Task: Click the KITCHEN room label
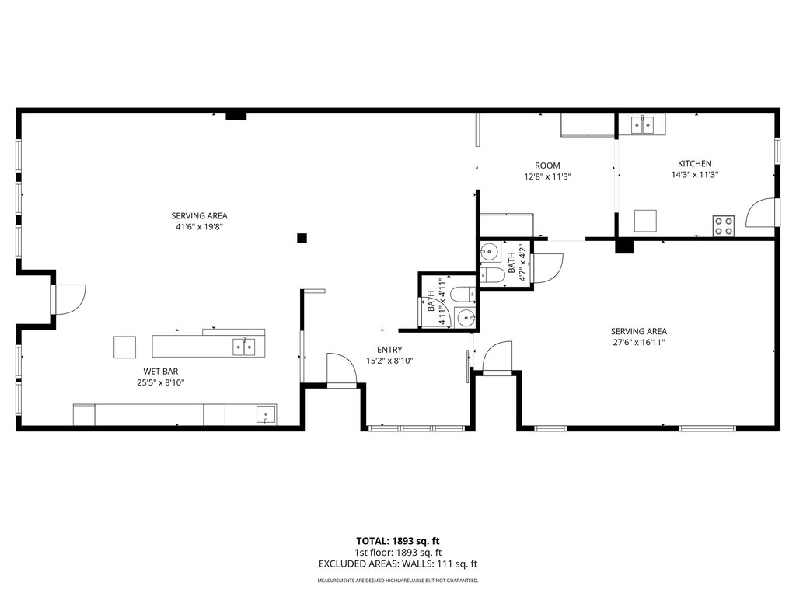pos(694,163)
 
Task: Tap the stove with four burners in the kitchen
pos(724,226)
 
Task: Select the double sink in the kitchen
pos(643,124)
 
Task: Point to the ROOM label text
pos(547,166)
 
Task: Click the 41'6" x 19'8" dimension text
pos(200,227)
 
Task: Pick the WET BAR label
pos(160,372)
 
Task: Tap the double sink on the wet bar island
pos(244,347)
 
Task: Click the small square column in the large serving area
pos(302,238)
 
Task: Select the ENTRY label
pos(389,350)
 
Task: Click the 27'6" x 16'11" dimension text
pos(639,343)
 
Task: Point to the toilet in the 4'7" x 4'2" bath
pos(491,275)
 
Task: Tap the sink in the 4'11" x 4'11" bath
pos(466,318)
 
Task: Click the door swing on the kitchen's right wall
pos(760,212)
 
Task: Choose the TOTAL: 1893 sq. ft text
pos(397,541)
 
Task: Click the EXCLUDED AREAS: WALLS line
pos(397,564)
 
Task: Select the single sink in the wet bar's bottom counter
pos(266,415)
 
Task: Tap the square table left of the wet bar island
pos(124,347)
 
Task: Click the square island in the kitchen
pos(645,221)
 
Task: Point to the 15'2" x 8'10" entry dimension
pos(389,361)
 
